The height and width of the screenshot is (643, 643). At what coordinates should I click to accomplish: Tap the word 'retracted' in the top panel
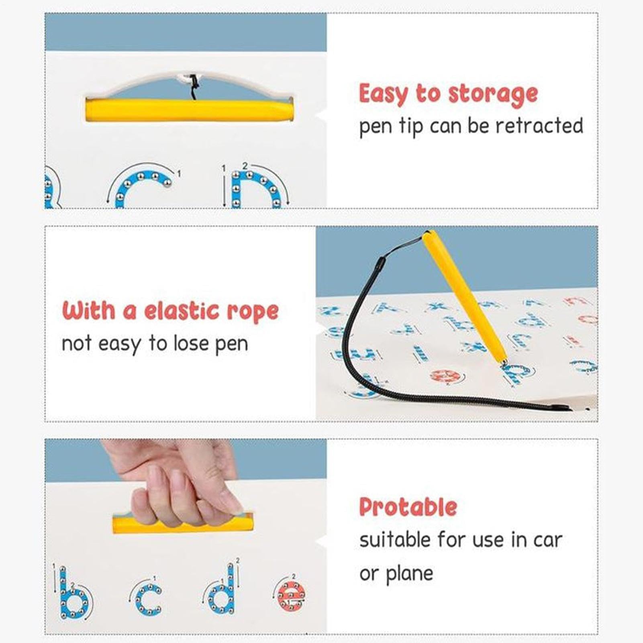pyautogui.click(x=539, y=126)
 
